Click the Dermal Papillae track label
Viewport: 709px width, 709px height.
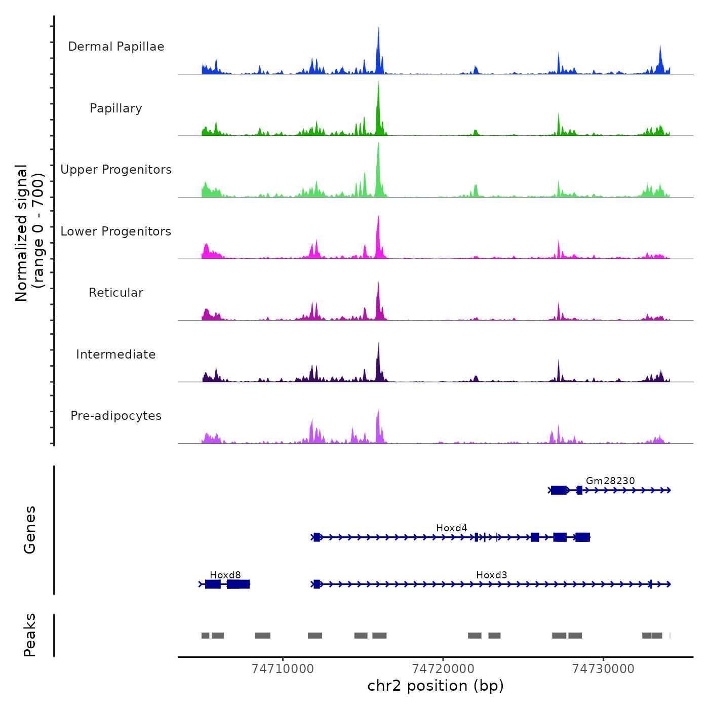pyautogui.click(x=116, y=47)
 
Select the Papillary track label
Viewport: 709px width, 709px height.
pyautogui.click(x=116, y=108)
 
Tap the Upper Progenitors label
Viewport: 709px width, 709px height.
pyautogui.click(x=116, y=170)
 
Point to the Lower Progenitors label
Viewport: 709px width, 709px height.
pyautogui.click(x=116, y=231)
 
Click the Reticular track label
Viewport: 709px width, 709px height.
pyautogui.click(x=116, y=293)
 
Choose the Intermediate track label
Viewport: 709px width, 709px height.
pyautogui.click(x=116, y=354)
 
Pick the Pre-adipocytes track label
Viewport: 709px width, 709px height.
pyautogui.click(x=116, y=416)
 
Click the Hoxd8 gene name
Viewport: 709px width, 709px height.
pyautogui.click(x=225, y=575)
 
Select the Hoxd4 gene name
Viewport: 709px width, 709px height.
pyautogui.click(x=452, y=528)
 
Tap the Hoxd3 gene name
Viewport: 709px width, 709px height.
pyautogui.click(x=492, y=575)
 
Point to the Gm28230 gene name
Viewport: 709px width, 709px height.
pyautogui.click(x=610, y=481)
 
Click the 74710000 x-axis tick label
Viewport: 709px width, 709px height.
pyautogui.click(x=283, y=669)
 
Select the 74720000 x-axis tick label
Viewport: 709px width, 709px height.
pyautogui.click(x=443, y=669)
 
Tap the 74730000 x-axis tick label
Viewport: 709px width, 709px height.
pyautogui.click(x=603, y=669)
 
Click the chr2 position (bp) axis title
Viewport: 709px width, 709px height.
pyautogui.click(x=436, y=686)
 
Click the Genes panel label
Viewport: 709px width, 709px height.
pyautogui.click(x=30, y=530)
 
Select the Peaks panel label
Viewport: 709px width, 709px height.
pyautogui.click(x=30, y=635)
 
